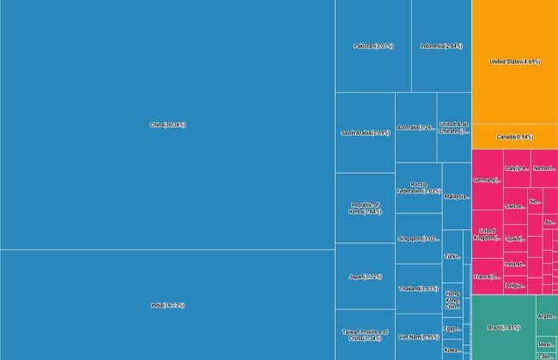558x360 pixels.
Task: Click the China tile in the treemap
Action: [x=167, y=125]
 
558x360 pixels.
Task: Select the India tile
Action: [x=167, y=304]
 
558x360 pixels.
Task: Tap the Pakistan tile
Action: [x=373, y=46]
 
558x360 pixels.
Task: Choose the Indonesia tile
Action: [x=441, y=46]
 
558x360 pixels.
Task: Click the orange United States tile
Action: [x=514, y=62]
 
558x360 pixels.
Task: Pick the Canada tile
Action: [x=514, y=137]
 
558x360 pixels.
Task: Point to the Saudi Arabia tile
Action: [x=365, y=132]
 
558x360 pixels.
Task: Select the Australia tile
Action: [x=415, y=127]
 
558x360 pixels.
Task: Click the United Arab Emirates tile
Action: [x=454, y=127]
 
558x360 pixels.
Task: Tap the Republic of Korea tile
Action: [x=365, y=208]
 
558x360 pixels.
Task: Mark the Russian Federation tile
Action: [x=418, y=187]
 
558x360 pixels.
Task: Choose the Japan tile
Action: [x=365, y=277]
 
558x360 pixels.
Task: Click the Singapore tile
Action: [x=418, y=238]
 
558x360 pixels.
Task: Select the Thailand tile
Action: [x=418, y=289]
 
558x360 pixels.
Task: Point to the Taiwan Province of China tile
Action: [x=365, y=335]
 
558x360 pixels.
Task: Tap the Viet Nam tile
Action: [x=418, y=337]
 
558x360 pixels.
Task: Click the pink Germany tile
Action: [x=487, y=180]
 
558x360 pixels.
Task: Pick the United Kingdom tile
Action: [x=487, y=234]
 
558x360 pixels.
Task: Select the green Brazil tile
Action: [x=503, y=327]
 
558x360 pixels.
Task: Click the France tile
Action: [x=487, y=277]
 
